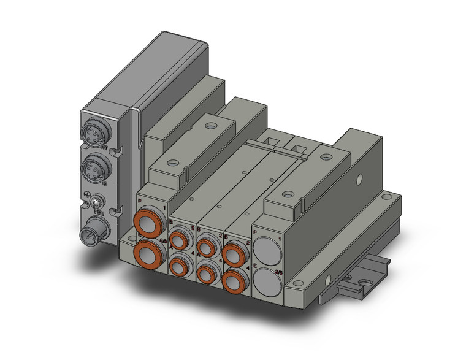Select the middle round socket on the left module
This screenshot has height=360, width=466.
[95, 166]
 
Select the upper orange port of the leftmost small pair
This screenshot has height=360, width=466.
[180, 238]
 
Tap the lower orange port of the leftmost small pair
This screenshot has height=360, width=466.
[180, 266]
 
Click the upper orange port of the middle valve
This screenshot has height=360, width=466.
[206, 243]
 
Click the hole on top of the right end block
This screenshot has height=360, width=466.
[286, 194]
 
